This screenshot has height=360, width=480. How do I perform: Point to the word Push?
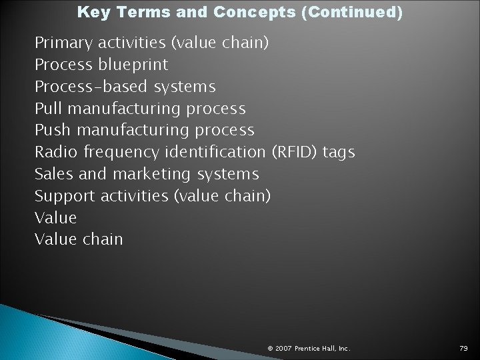coord(51,130)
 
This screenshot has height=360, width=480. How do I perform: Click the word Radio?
coord(56,152)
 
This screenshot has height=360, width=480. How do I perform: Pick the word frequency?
coord(121,153)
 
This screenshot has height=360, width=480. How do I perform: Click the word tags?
coord(339,153)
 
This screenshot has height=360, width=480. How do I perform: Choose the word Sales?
coord(54,174)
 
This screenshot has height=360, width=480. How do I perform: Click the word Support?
coord(64,196)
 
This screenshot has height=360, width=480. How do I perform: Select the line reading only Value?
coord(55,217)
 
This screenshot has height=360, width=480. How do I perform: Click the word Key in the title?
coord(91,12)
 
